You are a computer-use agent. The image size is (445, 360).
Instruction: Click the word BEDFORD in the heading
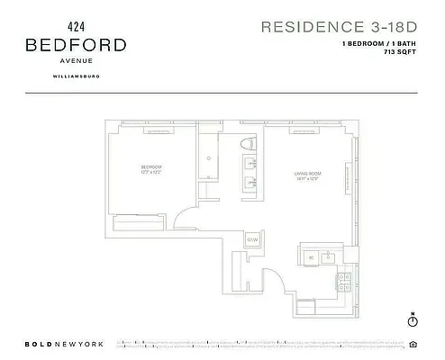pyautogui.click(x=76, y=44)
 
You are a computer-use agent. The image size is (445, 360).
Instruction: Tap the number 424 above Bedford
pyautogui.click(x=76, y=25)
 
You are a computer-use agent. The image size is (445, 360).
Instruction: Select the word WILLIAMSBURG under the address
pyautogui.click(x=76, y=76)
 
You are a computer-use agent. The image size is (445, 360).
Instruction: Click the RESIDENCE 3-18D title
pyautogui.click(x=339, y=26)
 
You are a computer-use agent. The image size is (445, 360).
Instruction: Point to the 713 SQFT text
pyautogui.click(x=401, y=52)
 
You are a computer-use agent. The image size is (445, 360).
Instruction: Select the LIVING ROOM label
pyautogui.click(x=307, y=173)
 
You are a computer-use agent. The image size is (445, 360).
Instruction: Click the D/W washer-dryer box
pyautogui.click(x=253, y=239)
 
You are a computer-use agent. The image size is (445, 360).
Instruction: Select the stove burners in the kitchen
pyautogui.click(x=344, y=282)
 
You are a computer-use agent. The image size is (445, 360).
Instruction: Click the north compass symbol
pyautogui.click(x=411, y=319)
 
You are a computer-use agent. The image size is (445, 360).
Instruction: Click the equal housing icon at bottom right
pyautogui.click(x=413, y=344)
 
